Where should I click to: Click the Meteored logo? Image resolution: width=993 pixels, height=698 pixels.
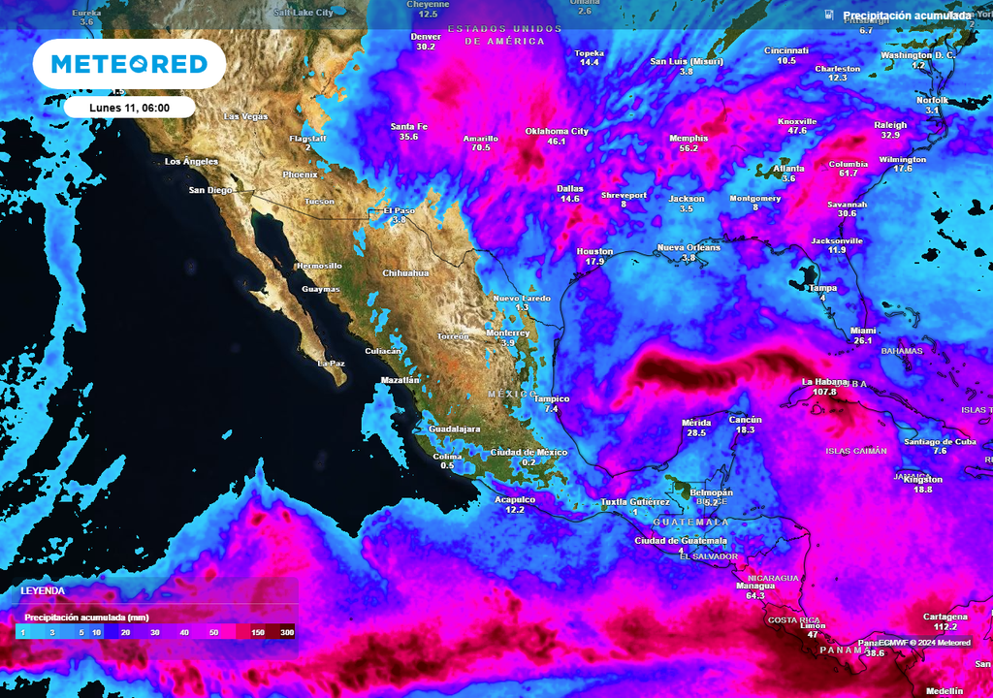[129, 64]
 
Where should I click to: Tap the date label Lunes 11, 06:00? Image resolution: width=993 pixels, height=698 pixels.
[130, 108]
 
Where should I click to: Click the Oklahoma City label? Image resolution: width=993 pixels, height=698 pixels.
[557, 131]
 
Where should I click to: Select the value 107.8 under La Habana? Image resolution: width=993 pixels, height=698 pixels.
[824, 392]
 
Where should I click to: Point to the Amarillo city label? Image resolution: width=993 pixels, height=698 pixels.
[480, 138]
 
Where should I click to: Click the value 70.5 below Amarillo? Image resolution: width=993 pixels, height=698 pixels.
[480, 148]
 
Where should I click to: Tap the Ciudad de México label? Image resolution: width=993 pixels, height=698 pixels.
[529, 453]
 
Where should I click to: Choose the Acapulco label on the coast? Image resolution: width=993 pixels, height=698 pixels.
[515, 499]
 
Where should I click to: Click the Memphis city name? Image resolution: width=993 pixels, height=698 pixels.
[689, 138]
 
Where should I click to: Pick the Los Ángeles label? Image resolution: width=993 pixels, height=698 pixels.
[191, 161]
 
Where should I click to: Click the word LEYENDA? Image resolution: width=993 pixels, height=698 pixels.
[43, 590]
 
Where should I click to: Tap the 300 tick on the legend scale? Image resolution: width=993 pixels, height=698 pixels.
[287, 632]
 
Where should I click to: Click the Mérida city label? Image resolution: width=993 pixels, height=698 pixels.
[696, 423]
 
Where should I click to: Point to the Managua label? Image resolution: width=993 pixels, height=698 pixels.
[755, 586]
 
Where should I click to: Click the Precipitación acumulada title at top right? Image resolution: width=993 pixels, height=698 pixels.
[906, 16]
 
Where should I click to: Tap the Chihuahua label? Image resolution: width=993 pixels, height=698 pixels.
[405, 273]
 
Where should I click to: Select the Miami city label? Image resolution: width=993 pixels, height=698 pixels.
[863, 330]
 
